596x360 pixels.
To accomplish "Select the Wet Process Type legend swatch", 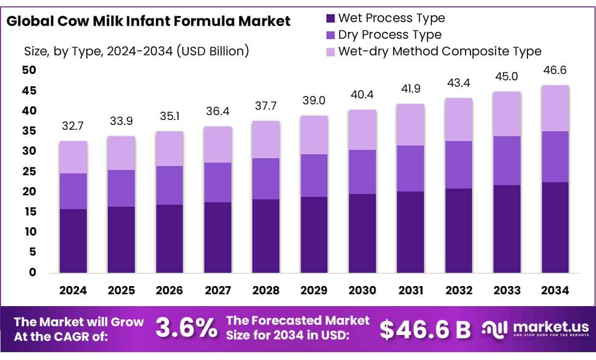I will point(330,19).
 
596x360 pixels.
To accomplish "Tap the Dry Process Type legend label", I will point(390,35).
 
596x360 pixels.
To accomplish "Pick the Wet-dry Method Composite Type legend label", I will point(440,51).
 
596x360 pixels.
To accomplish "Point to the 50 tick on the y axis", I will point(29,70).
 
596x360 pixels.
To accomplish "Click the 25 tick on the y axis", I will point(29,171).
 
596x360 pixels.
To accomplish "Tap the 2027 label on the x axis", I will point(218,290).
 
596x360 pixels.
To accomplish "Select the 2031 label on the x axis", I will point(411,290).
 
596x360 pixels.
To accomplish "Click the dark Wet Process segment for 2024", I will point(73,240).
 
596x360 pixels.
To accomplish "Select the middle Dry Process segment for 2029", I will point(314,175).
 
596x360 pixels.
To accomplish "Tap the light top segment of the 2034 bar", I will point(555,108).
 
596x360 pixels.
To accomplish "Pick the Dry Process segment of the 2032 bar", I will point(459,165).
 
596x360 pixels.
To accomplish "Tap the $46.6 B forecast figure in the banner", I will point(425,329).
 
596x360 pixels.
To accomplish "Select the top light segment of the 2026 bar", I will point(169,148).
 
